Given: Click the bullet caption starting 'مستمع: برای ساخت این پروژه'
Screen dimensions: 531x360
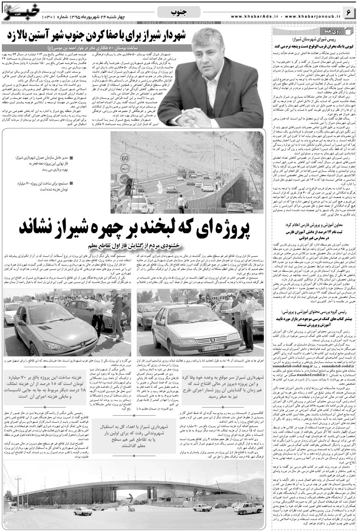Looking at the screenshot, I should [44, 186].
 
